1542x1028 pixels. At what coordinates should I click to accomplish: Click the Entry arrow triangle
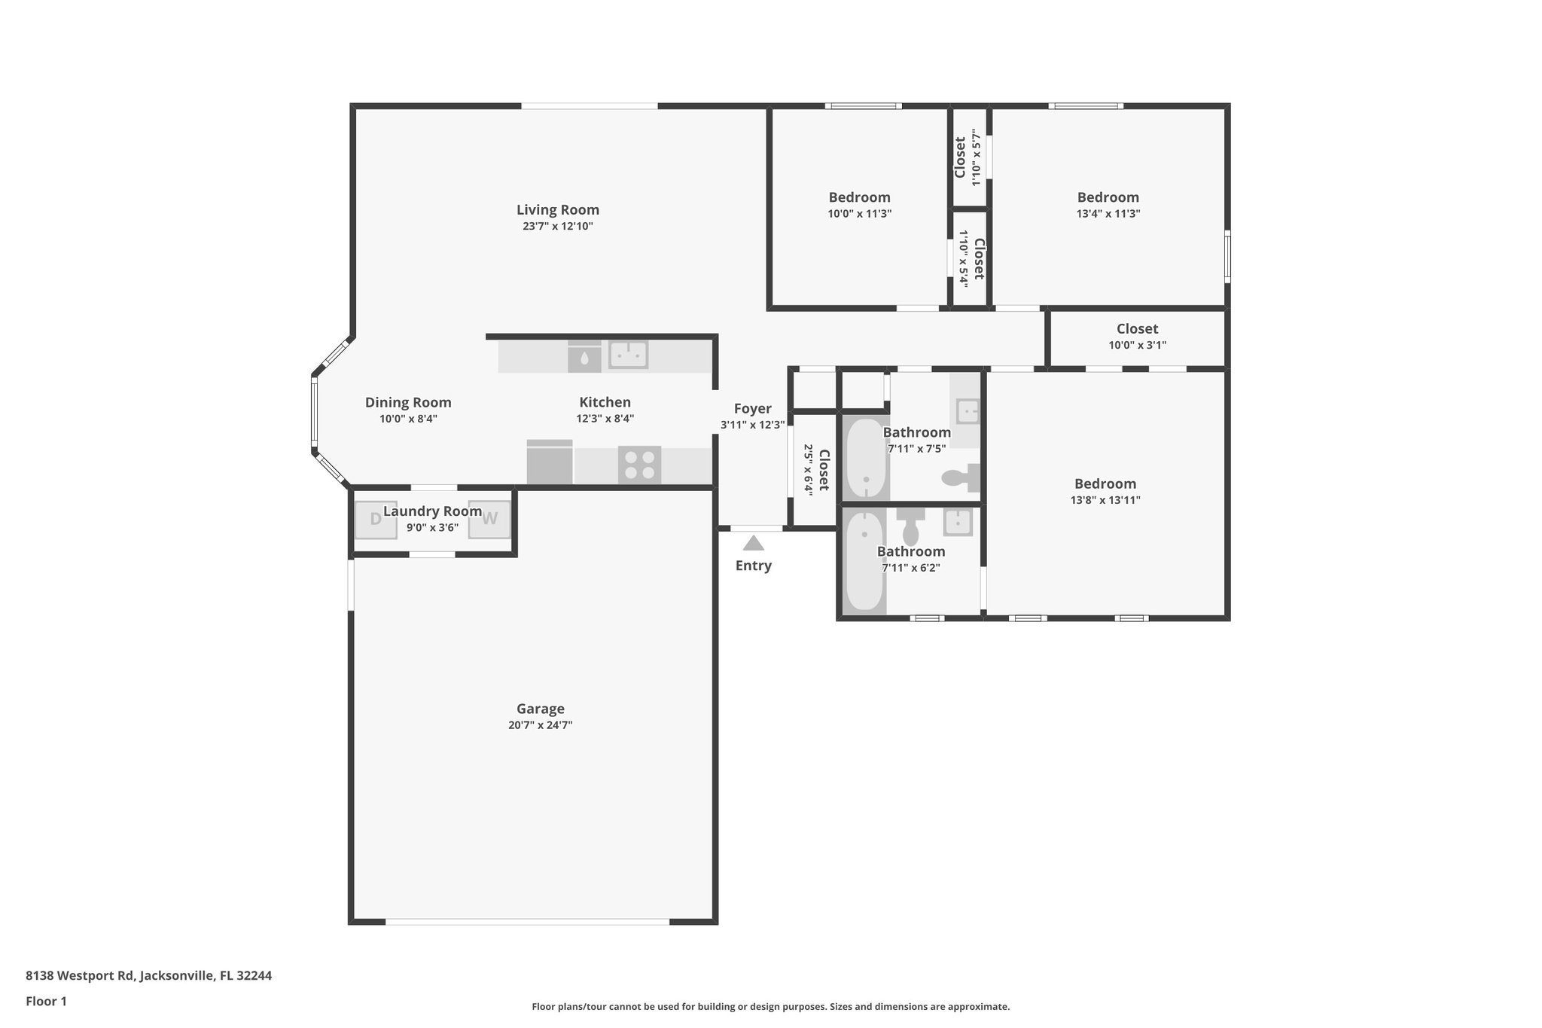(754, 543)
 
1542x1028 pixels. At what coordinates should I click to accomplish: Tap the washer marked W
(489, 519)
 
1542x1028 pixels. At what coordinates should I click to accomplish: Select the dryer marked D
(376, 519)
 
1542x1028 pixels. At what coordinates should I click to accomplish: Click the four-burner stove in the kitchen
(639, 465)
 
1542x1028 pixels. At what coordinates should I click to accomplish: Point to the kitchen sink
(628, 354)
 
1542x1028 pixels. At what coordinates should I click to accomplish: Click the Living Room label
(558, 210)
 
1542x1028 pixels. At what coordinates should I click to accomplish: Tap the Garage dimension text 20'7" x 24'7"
(540, 725)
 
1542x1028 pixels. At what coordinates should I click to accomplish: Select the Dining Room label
(408, 403)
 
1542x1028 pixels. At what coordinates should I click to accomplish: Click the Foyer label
(752, 409)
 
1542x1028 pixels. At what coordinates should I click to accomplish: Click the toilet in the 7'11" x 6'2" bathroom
(911, 526)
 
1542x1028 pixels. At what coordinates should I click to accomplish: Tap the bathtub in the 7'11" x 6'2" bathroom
(864, 561)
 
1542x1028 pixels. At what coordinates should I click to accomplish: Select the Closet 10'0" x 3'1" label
(1137, 329)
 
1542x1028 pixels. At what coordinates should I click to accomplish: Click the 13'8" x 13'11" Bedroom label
(1105, 484)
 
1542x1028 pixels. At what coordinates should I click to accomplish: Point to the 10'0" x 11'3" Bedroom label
(859, 197)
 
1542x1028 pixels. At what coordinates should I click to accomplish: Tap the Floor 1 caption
(46, 1002)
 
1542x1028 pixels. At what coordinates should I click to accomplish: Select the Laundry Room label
(432, 511)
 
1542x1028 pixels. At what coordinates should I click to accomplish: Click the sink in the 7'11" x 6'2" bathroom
(958, 520)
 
